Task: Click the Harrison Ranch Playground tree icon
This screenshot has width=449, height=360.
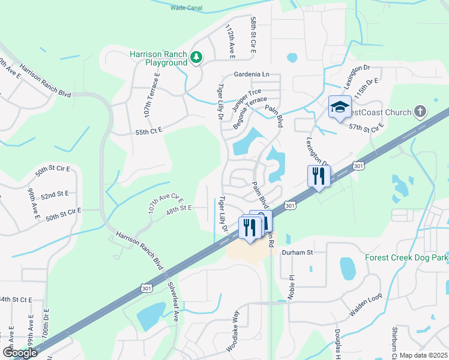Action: (x=196, y=58)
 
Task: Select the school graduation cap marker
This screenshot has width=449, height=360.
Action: (x=340, y=107)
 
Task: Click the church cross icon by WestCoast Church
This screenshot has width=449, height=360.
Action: (x=420, y=111)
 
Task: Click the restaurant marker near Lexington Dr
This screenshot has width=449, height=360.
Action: (x=318, y=176)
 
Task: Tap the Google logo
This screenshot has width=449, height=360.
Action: (x=19, y=353)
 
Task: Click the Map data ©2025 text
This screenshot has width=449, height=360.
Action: (x=423, y=355)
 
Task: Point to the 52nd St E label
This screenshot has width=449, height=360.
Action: (x=55, y=194)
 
